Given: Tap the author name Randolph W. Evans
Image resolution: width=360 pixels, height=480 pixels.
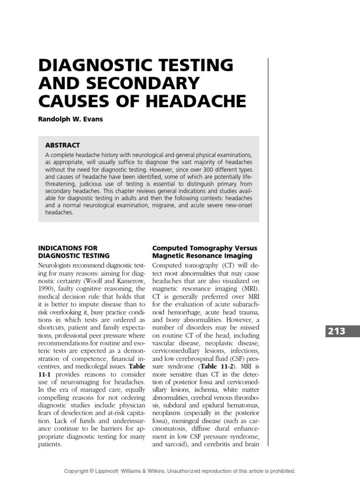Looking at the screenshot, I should (x=70, y=119).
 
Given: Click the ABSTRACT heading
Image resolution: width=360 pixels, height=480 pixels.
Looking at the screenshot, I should (x=63, y=145).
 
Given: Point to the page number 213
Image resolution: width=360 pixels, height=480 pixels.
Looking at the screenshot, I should (x=337, y=331).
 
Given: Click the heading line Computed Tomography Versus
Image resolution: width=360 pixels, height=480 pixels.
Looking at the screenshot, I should (x=205, y=248).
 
